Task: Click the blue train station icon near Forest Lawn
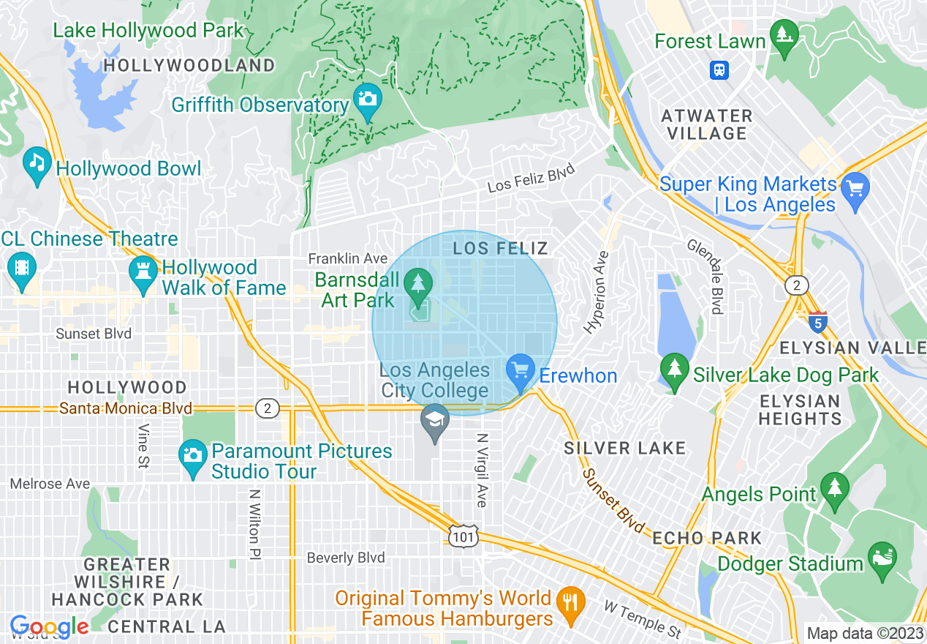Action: point(720,70)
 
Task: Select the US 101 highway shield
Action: point(465,536)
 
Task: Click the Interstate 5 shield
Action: point(818,321)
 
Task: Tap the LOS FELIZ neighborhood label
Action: point(500,248)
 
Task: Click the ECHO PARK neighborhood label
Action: point(706,538)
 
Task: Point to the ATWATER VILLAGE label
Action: point(706,124)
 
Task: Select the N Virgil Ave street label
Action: point(481,470)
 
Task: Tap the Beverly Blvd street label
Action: point(346,558)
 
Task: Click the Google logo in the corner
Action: point(49,627)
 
